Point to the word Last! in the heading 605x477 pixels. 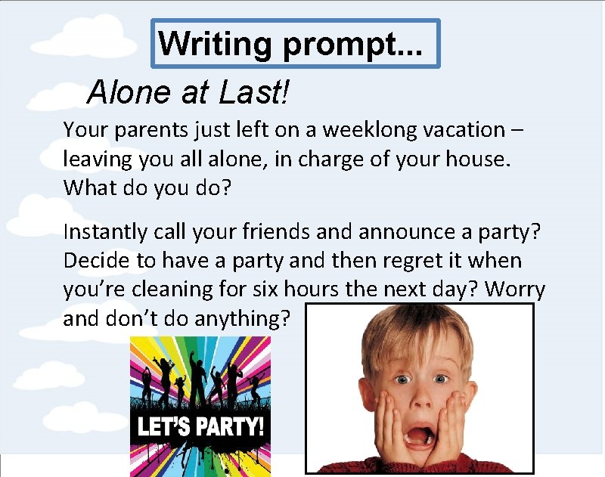tap(254, 93)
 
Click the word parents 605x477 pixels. tap(141, 131)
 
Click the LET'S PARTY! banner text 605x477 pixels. tap(200, 426)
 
